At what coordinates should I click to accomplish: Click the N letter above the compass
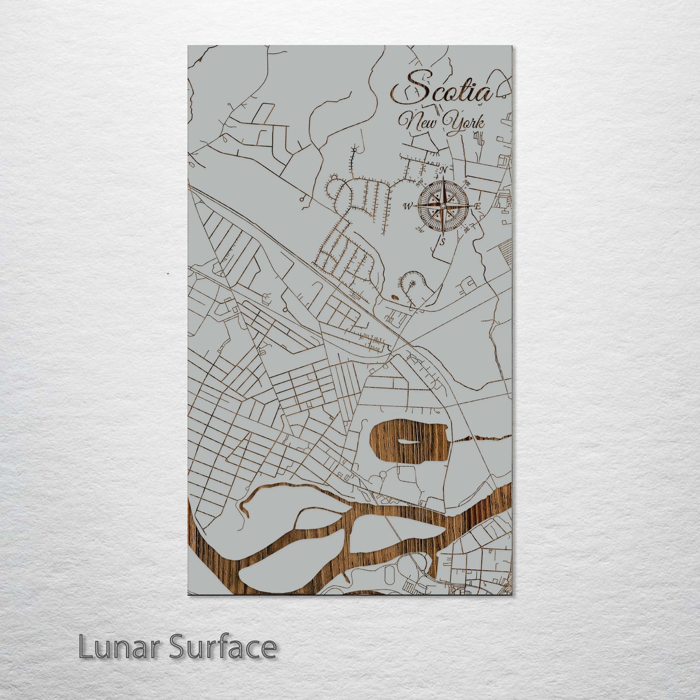(443, 170)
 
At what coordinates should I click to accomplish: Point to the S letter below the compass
(442, 242)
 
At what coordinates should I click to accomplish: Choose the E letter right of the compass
(478, 207)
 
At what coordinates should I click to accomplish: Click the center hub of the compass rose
(442, 206)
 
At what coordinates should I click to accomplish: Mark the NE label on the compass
(467, 183)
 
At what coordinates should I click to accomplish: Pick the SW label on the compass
(420, 230)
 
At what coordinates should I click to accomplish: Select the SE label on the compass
(466, 230)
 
